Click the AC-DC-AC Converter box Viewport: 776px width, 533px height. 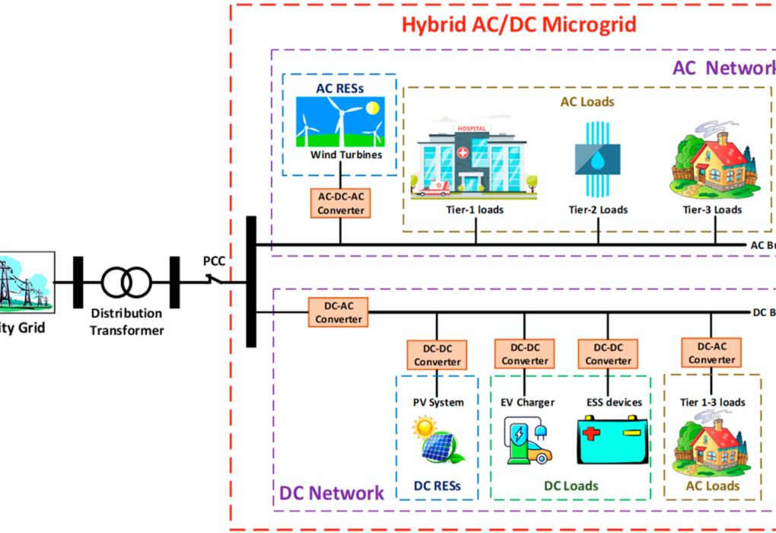(x=341, y=203)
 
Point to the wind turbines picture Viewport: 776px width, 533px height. (x=340, y=122)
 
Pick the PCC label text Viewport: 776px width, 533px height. (x=215, y=260)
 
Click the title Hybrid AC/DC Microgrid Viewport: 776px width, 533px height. (x=518, y=24)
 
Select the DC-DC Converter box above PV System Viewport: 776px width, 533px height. (x=437, y=355)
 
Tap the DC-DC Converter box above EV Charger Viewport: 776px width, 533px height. (x=524, y=354)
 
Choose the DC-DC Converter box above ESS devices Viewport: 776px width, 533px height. (x=608, y=354)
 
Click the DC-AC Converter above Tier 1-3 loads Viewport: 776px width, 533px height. (x=711, y=353)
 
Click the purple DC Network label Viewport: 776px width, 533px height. (x=331, y=493)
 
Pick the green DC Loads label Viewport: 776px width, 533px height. (x=571, y=486)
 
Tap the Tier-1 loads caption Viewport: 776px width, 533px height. (x=475, y=209)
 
